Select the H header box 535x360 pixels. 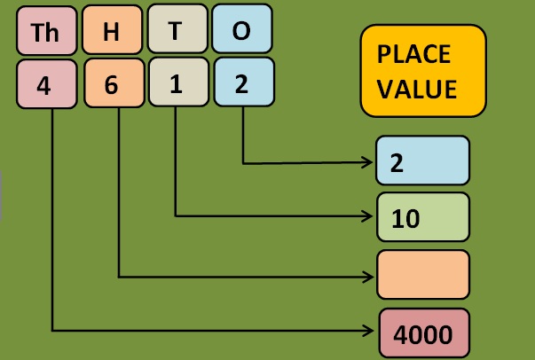point(112,32)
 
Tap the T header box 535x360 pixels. point(177,31)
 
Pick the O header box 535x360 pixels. point(241,31)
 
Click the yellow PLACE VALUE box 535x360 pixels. point(423,71)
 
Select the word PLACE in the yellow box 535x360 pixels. point(413,54)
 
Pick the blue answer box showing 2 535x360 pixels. point(422,163)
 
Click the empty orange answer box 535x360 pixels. point(422,275)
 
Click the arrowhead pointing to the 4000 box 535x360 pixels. point(368,331)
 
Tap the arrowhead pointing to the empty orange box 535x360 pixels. point(368,277)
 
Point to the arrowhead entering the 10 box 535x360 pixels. point(368,215)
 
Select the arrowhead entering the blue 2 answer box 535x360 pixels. point(368,163)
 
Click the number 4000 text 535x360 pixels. point(422,334)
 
